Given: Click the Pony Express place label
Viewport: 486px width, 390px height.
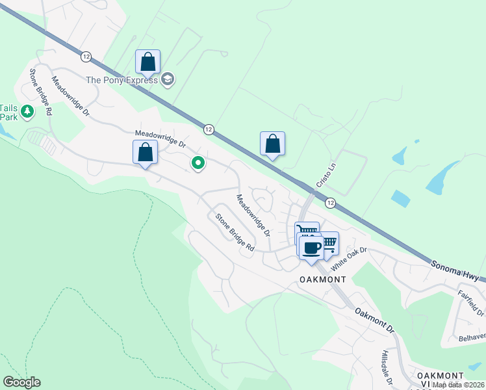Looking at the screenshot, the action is coord(122,80).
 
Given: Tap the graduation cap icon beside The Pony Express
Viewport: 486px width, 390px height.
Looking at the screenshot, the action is coord(168,80).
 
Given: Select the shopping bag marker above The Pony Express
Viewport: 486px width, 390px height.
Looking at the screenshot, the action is coord(148,62).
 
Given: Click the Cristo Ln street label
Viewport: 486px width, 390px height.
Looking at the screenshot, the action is coord(327,175).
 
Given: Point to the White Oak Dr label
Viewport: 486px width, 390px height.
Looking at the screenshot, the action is coord(349,259).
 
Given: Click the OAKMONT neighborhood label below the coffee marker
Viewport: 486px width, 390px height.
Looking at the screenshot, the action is coord(323,279).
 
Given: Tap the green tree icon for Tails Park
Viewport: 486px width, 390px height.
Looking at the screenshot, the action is coord(27,112).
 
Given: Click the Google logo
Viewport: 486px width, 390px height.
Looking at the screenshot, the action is coord(21,382).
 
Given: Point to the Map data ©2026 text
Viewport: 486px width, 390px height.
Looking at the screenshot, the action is coord(457,385).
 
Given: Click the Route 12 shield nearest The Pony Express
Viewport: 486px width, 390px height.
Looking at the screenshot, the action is coord(86,57).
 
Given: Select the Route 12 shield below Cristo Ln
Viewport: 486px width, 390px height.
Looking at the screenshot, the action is coord(330,203).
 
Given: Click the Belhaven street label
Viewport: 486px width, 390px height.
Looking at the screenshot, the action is coord(472,337).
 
